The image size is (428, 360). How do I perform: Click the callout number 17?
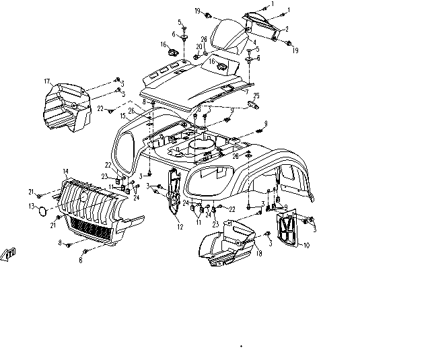pyautogui.click(x=47, y=81)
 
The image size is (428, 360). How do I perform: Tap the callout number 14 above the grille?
pyautogui.click(x=66, y=172)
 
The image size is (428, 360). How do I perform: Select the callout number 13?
pyautogui.click(x=31, y=207)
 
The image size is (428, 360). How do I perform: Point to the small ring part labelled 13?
pyautogui.click(x=42, y=211)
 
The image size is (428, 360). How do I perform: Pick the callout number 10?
pyautogui.click(x=306, y=246)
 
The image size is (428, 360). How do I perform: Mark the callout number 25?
pyautogui.click(x=256, y=96)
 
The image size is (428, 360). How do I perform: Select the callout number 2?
pyautogui.click(x=286, y=29)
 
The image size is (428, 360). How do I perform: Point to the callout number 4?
pyautogui.click(x=254, y=42)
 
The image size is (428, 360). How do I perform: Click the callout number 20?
pyautogui.click(x=199, y=46)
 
